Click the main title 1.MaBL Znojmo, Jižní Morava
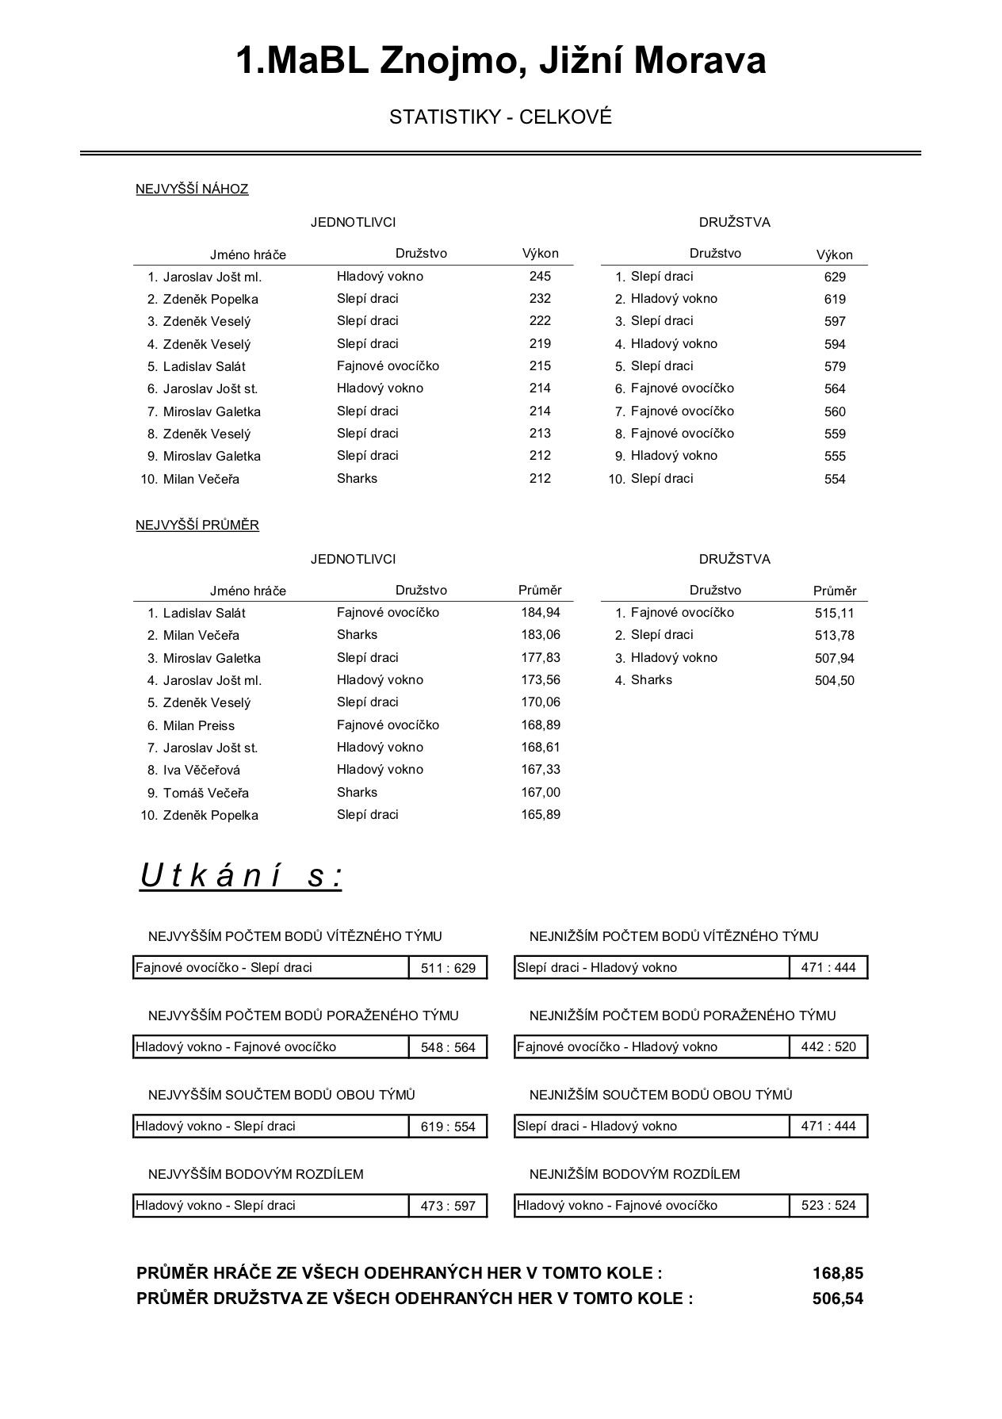pos(500,61)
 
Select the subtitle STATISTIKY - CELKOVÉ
pos(500,117)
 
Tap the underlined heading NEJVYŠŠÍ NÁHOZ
pos(192,189)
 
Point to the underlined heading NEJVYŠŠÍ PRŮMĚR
pos(197,525)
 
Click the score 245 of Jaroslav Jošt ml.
pos(540,276)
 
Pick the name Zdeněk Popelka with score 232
pos(210,299)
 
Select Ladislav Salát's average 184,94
pos(540,612)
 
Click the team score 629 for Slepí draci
pos(835,277)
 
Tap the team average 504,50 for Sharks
pos(835,680)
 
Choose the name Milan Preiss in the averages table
pos(198,725)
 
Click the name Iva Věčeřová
pos(201,770)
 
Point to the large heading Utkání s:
pos(241,876)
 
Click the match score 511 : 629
pos(448,968)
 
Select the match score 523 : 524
pos(828,1206)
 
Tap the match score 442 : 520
pos(828,1047)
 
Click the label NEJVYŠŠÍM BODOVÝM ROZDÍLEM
pos(255,1174)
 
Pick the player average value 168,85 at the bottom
pos(837,1273)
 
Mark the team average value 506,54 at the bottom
pos(837,1299)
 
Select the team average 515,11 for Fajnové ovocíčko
pos(835,613)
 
